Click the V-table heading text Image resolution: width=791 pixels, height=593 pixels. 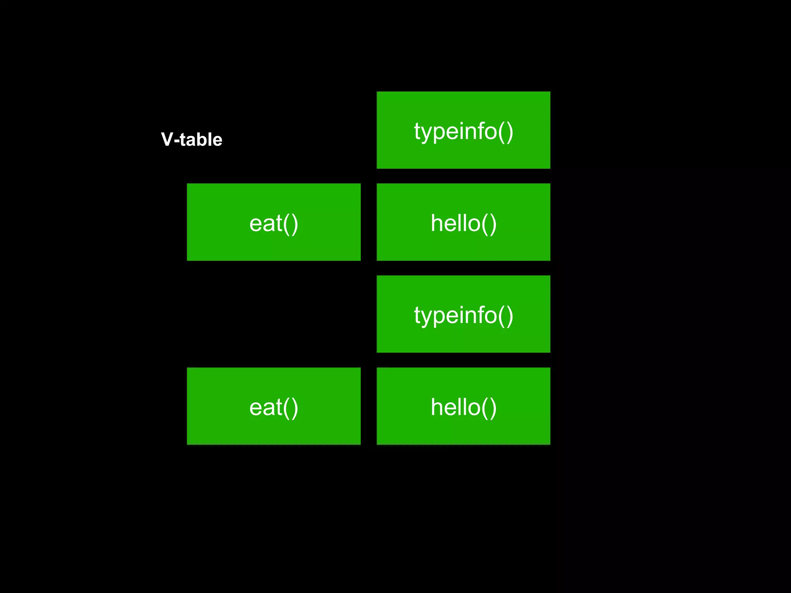coord(192,139)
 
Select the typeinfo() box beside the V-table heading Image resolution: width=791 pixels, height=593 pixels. coord(463,130)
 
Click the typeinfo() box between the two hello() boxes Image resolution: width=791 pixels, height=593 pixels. coord(463,314)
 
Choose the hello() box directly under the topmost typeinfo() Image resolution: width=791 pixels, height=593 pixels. coord(463,222)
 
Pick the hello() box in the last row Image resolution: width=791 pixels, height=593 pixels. coord(463,406)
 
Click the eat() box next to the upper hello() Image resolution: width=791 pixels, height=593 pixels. coord(273,222)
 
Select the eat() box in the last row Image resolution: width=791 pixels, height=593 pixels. coord(273,406)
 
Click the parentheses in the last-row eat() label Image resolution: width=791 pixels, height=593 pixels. coord(290,408)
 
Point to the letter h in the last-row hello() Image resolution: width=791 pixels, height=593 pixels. coord(436,407)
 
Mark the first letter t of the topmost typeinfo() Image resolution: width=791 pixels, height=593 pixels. coord(417,131)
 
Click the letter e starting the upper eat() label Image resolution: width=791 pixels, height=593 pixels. coord(256,224)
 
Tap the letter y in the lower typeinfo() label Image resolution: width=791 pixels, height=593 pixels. coord(427,317)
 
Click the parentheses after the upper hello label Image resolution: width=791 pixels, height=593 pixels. coord(489,224)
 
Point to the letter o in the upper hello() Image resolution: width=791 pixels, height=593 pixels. coord(473,224)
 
